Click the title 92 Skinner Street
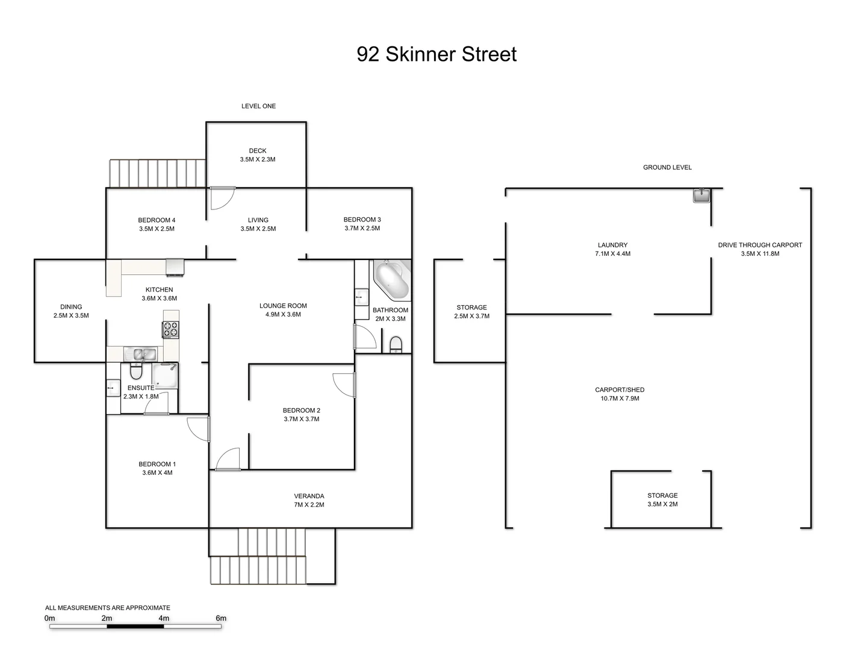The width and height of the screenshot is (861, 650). point(437,54)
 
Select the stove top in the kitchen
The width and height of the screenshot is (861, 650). point(170,329)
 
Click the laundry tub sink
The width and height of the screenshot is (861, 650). point(701,195)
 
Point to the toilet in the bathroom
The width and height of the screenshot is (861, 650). point(396,344)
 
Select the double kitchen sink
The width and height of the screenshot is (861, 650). point(140,354)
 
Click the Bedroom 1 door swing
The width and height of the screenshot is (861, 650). point(197,430)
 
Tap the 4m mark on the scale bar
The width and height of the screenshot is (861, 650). point(164,618)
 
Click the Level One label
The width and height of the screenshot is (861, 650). point(258,106)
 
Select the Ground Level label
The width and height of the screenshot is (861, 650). point(667,167)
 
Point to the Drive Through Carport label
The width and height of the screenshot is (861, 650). point(760,245)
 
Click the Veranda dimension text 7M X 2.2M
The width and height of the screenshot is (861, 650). point(309,505)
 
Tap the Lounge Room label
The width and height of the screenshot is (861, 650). point(283,306)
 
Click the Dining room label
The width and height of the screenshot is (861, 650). point(71,307)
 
